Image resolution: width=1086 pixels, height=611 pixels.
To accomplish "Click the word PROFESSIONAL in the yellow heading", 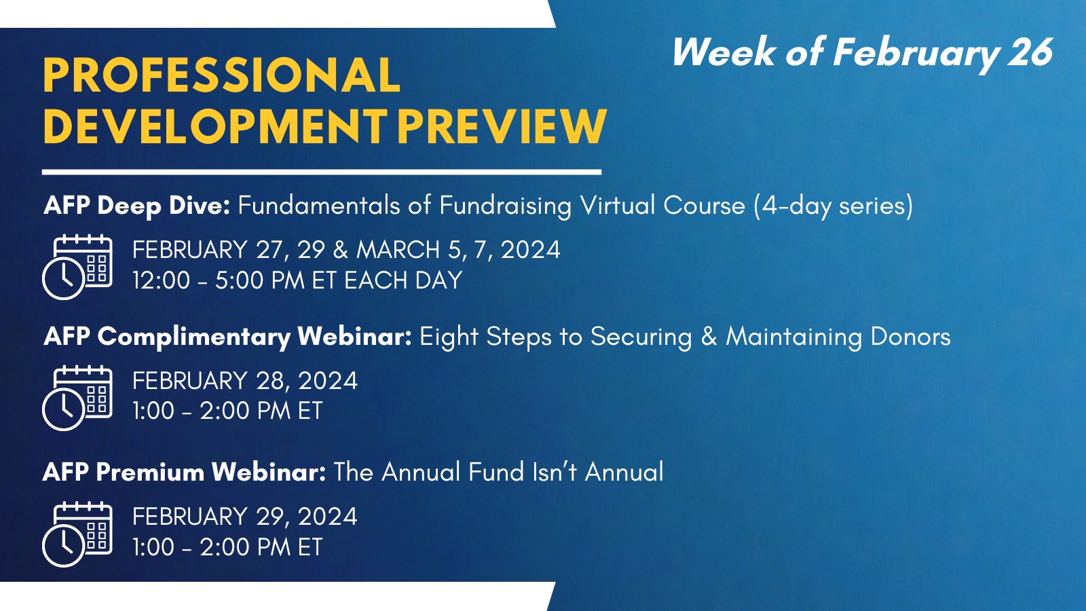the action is click(x=221, y=75).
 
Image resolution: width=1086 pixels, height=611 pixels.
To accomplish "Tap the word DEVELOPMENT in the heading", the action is click(x=214, y=126).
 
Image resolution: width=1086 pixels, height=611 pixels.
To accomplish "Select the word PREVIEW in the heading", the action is click(x=502, y=126).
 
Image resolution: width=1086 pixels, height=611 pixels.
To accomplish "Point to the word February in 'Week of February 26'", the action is click(x=916, y=54).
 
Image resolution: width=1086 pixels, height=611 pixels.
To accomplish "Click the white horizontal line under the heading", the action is click(x=322, y=172).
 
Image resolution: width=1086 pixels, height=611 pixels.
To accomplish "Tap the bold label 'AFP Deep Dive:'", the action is click(x=136, y=206).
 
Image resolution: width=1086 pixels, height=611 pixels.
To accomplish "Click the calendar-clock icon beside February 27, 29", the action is click(x=77, y=267).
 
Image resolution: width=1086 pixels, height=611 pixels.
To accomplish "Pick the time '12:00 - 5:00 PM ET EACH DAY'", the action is click(x=297, y=280).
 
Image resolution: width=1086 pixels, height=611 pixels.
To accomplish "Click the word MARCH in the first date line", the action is click(x=398, y=250).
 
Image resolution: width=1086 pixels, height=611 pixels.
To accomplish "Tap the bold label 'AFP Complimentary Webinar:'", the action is click(x=228, y=337).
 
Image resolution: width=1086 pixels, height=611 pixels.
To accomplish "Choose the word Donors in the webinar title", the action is click(x=910, y=337).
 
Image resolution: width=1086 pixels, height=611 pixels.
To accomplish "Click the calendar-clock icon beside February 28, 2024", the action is click(x=77, y=398).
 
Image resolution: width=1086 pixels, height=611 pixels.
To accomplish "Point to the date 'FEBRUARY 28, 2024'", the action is click(x=245, y=381).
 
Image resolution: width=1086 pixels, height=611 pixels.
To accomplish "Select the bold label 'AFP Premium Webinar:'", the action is click(x=184, y=472).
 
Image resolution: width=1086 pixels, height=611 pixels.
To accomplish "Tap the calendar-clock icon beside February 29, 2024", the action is click(x=77, y=534).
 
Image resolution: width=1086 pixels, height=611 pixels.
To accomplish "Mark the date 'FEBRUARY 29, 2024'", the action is click(x=245, y=517).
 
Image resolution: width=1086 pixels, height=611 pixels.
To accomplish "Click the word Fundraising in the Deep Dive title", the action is click(x=506, y=206).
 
